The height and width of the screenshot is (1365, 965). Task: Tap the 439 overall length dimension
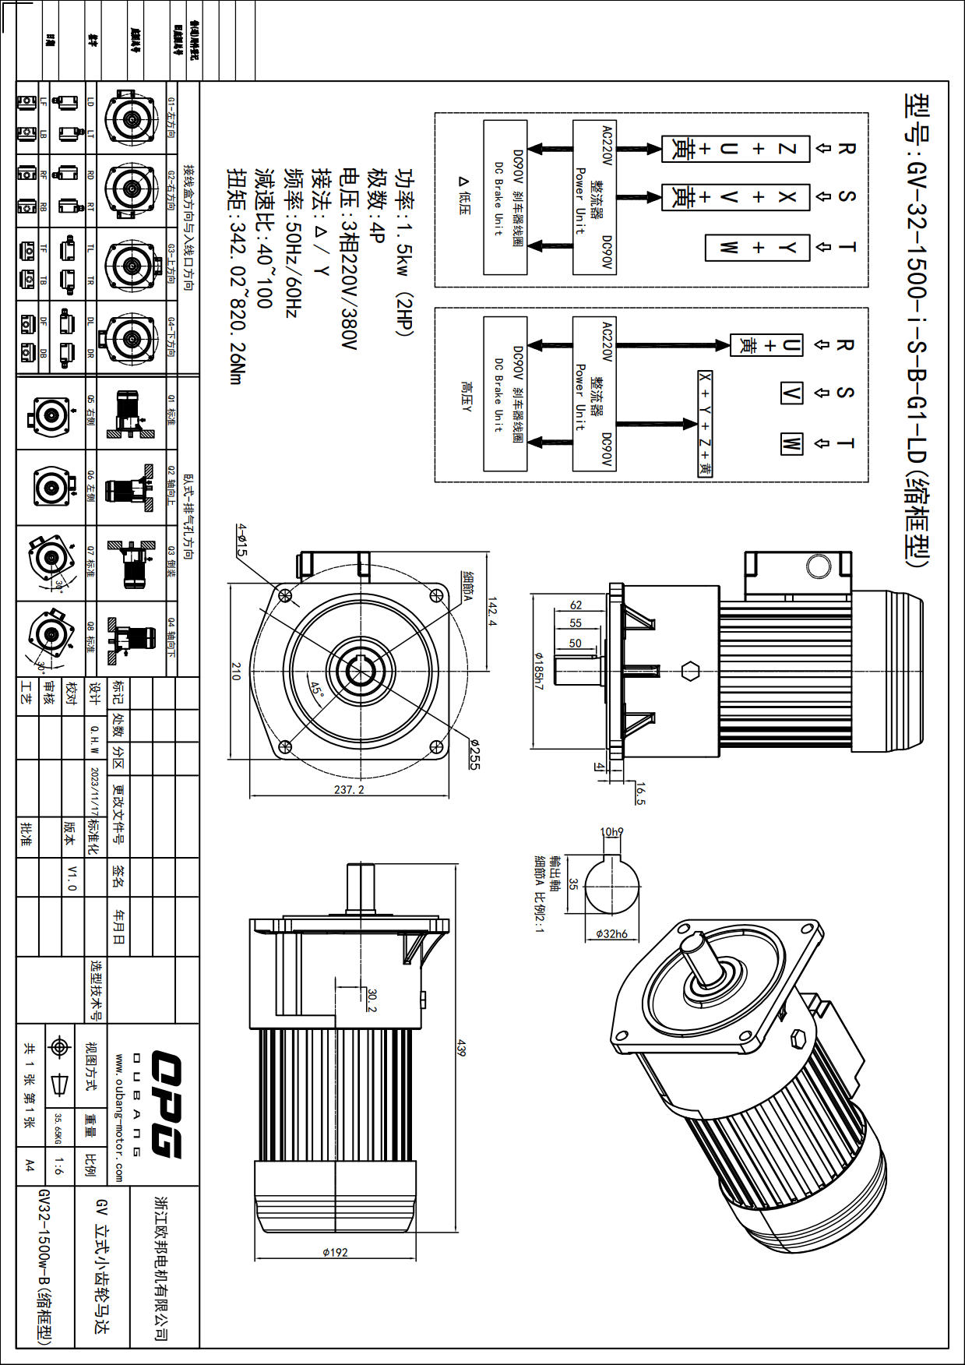[x=461, y=1048]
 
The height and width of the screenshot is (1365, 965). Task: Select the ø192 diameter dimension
[x=335, y=1252]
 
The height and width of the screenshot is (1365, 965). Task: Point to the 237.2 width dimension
[x=349, y=789]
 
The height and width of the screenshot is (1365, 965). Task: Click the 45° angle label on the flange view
[x=316, y=690]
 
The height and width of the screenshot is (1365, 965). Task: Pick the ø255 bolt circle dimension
[x=474, y=753]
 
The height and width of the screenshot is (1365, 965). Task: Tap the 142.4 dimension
[x=491, y=612]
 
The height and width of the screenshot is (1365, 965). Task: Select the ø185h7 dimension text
[x=537, y=671]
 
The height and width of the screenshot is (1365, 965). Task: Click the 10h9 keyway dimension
[x=611, y=832]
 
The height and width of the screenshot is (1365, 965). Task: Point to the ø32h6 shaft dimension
[x=611, y=933]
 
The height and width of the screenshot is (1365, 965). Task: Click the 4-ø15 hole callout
[x=241, y=540]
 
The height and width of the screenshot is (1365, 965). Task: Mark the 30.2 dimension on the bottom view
[x=372, y=1000]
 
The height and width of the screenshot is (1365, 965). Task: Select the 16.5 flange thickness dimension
[x=640, y=793]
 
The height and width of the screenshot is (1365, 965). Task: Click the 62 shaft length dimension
[x=576, y=605]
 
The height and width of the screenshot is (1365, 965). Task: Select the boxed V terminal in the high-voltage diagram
[x=791, y=393]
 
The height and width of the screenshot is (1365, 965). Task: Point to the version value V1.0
[x=72, y=876]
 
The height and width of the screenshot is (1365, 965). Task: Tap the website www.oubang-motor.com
[x=118, y=1118]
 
